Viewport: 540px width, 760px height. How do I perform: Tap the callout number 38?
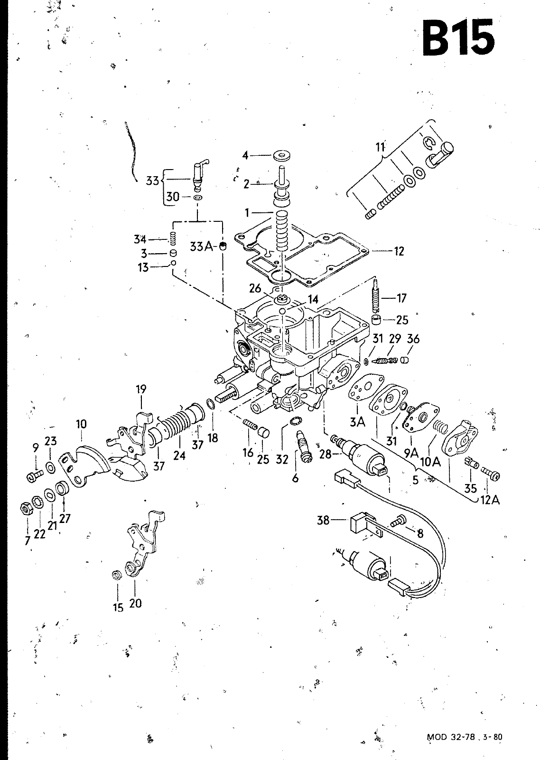pyautogui.click(x=323, y=520)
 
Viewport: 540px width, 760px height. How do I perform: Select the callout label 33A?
pyautogui.click(x=201, y=247)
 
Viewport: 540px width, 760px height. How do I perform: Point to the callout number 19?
pyautogui.click(x=141, y=389)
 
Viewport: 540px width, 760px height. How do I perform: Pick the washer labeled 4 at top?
pyautogui.click(x=282, y=156)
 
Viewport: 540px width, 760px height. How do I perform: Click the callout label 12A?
pyautogui.click(x=490, y=500)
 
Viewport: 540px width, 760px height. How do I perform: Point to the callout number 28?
pyautogui.click(x=325, y=454)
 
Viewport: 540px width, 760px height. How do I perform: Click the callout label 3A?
pyautogui.click(x=357, y=422)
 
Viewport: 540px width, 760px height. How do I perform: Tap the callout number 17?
pyautogui.click(x=401, y=298)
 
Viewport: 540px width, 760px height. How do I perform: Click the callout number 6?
pyautogui.click(x=295, y=478)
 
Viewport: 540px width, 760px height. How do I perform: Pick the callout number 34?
pyautogui.click(x=140, y=239)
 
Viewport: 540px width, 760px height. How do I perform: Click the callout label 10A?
pyautogui.click(x=430, y=462)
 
